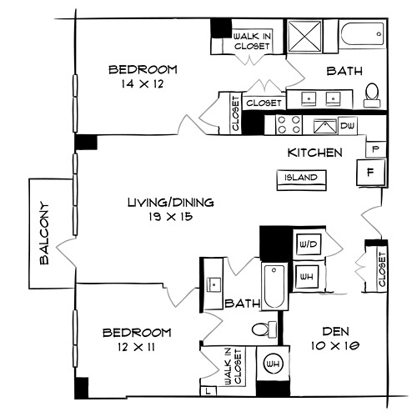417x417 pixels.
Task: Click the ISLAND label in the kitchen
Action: pyautogui.click(x=301, y=178)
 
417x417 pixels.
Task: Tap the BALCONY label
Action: pyautogui.click(x=44, y=233)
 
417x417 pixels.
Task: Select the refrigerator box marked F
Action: pyautogui.click(x=371, y=173)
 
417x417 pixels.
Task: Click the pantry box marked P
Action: pyautogui.click(x=375, y=149)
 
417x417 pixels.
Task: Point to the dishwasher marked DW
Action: pyautogui.click(x=348, y=126)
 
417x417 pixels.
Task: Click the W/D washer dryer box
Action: pyautogui.click(x=309, y=244)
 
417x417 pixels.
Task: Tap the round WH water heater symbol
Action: pyautogui.click(x=273, y=364)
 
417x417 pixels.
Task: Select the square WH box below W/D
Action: pyautogui.click(x=307, y=277)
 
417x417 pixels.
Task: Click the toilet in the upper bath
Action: pyautogui.click(x=372, y=95)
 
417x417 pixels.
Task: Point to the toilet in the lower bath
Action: pyautogui.click(x=264, y=329)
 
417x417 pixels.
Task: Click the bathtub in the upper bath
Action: pyautogui.click(x=362, y=34)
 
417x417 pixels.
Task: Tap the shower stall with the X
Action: pyautogui.click(x=304, y=36)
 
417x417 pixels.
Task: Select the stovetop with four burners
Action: pyautogui.click(x=289, y=125)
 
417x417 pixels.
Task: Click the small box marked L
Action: pyautogui.click(x=208, y=391)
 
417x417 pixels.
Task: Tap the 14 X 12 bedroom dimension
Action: pyautogui.click(x=142, y=84)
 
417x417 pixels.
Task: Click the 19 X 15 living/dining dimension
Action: pyautogui.click(x=170, y=216)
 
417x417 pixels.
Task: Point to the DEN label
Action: pyautogui.click(x=335, y=331)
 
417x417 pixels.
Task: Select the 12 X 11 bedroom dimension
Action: pyautogui.click(x=136, y=347)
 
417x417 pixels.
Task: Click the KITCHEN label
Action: pyautogui.click(x=314, y=153)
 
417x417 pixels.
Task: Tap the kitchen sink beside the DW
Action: pyautogui.click(x=324, y=127)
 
